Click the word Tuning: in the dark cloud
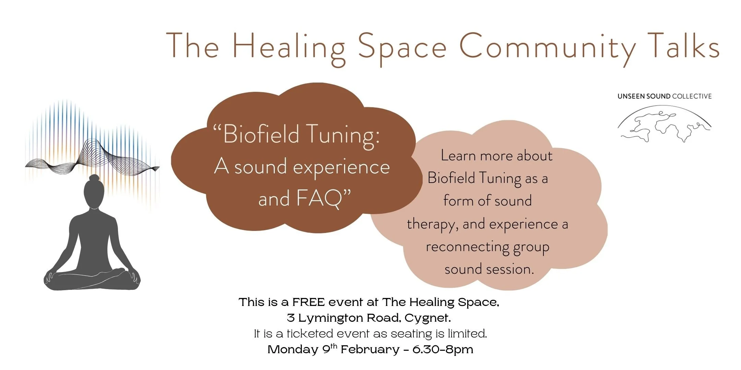343,135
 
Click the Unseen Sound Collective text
664,96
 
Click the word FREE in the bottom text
308,302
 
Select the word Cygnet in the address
427,318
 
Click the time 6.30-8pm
443,350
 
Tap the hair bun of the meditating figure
94,178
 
